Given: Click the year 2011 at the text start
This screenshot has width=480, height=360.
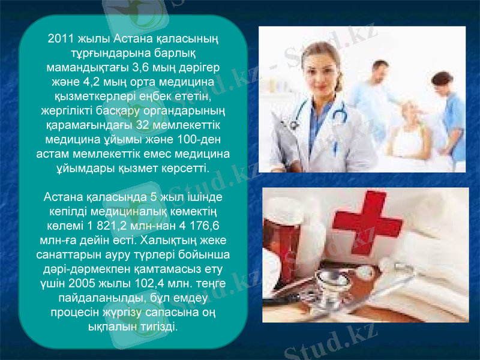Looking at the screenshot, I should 60,40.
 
